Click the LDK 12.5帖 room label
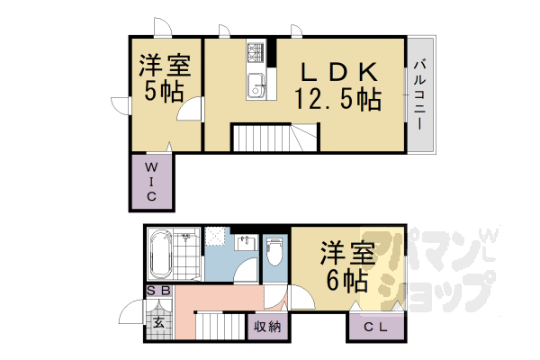coord(337,86)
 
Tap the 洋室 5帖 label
coord(165,77)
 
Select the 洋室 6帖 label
coord(347,266)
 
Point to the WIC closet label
coord(151,182)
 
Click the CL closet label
coord(375,327)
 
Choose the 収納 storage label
coord(267,327)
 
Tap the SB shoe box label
coord(158,291)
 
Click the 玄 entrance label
coord(158,323)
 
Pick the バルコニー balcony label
coord(419,94)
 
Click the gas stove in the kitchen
coord(256,52)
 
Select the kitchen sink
coord(256,86)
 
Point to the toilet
coord(274,252)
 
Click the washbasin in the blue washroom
coord(246,242)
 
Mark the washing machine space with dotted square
coord(215,236)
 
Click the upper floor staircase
coord(274,138)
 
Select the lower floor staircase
coord(220,326)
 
